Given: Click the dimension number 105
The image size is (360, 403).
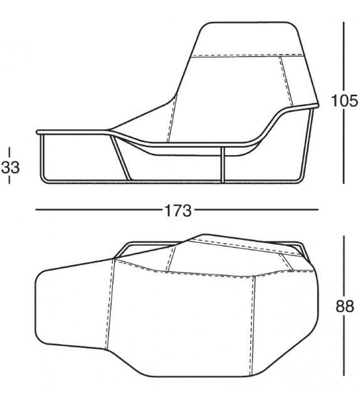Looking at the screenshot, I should [344, 100].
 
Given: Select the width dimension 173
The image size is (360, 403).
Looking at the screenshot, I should [178, 210].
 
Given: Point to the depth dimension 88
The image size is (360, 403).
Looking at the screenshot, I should [344, 308].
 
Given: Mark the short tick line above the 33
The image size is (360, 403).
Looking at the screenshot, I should [9, 153].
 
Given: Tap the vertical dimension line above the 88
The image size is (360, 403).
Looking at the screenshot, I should [344, 264].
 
